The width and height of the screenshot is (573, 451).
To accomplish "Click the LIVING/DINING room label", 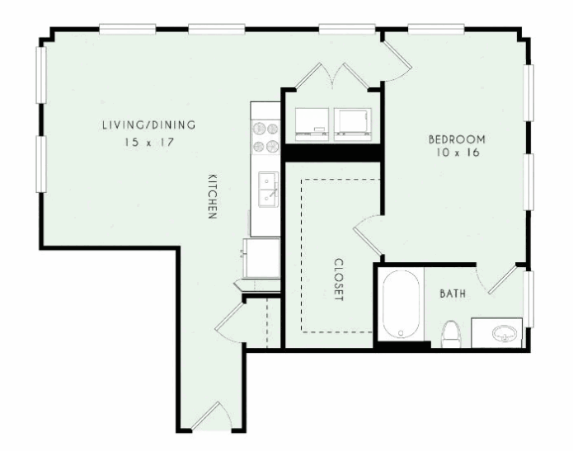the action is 148,125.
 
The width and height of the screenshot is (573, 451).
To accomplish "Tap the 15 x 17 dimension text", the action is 148,142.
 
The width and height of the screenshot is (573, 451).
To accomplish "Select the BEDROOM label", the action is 457,139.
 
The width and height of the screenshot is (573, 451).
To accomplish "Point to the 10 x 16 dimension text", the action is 458,152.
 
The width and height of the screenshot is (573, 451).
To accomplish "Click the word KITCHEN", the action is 213,196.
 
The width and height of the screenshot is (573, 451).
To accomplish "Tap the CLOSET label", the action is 339,280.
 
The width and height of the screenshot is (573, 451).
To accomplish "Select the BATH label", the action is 453,294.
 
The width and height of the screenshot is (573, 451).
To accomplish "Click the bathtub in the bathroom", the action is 401,304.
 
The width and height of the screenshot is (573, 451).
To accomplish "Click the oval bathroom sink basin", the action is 505,333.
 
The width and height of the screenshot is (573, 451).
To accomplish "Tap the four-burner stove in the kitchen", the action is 265,138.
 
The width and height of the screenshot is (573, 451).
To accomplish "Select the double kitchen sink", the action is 269,190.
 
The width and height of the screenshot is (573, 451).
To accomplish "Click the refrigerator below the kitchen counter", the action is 261,258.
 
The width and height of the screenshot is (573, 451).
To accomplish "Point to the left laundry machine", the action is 312,124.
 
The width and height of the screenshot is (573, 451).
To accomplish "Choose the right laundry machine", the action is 353,124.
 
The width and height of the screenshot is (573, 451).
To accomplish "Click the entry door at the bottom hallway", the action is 211,416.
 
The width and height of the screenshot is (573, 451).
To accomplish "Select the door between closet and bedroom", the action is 368,235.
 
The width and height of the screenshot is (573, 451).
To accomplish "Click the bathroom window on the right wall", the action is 528,299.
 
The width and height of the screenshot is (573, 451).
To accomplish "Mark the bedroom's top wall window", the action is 436,29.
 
